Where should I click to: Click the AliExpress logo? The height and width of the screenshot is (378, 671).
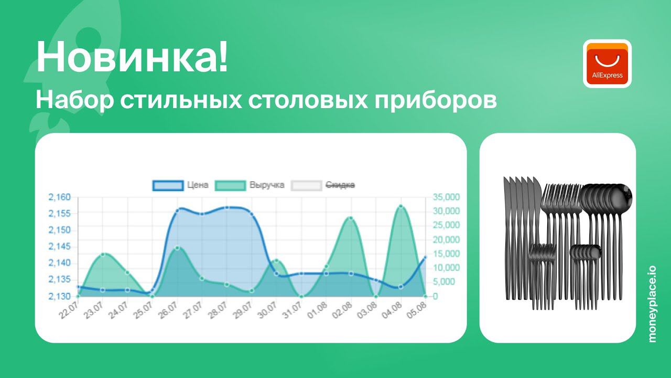(607, 64)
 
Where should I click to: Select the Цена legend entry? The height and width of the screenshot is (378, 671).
(181, 185)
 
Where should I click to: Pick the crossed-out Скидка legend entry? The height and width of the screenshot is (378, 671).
(323, 185)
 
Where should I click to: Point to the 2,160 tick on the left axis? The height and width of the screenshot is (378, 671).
(59, 197)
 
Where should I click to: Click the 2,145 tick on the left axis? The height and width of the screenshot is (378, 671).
(59, 247)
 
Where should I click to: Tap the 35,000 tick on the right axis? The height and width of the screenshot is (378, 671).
(446, 197)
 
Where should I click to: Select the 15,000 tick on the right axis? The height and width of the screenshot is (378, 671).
(446, 254)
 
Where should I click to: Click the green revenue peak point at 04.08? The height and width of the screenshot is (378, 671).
(401, 206)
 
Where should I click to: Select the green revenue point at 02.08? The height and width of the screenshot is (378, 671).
(351, 218)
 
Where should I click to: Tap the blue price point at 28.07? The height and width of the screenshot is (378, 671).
(226, 208)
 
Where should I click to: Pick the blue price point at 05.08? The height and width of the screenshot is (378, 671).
(425, 257)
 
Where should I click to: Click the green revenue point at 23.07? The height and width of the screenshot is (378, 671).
(103, 254)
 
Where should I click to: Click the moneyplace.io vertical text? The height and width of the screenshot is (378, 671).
(652, 304)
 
